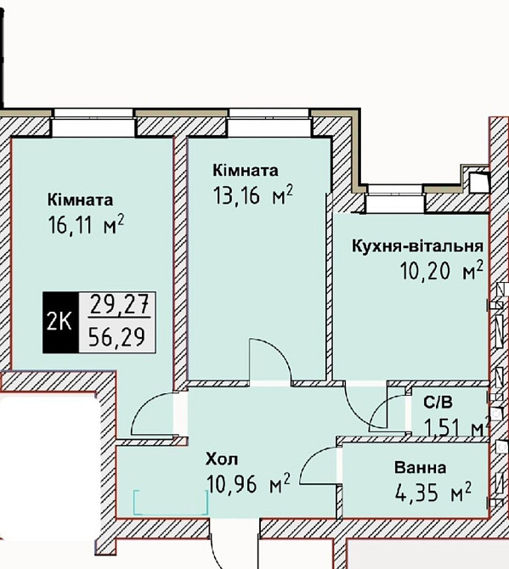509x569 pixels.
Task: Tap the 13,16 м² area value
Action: pos(253,196)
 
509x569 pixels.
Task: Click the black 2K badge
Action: pos(59,322)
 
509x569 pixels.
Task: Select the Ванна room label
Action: pos(420,467)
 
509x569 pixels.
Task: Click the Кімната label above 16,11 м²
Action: pos(81,200)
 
